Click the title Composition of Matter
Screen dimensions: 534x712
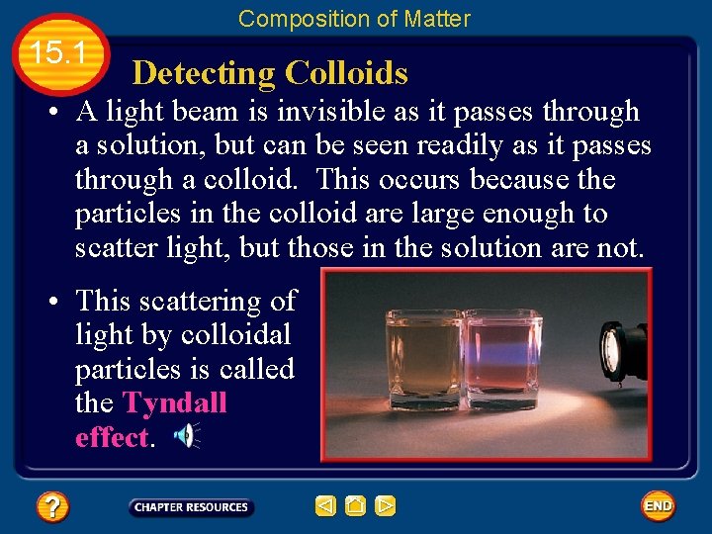click(x=354, y=18)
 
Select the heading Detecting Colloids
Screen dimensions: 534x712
click(x=269, y=73)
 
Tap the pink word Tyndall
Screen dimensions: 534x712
click(x=174, y=403)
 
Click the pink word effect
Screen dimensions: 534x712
click(x=111, y=438)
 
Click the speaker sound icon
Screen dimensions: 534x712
click(x=186, y=435)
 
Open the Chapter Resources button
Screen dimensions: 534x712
click(x=191, y=507)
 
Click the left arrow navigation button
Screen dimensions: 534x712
click(x=325, y=506)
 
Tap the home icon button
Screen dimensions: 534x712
click(x=355, y=506)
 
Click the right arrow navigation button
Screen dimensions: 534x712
click(x=386, y=506)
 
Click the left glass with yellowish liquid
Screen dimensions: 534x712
click(x=423, y=361)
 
